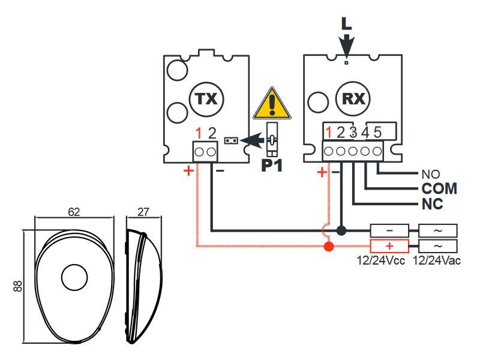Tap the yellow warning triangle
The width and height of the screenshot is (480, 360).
[272, 104]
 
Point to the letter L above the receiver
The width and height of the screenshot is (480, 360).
[346, 23]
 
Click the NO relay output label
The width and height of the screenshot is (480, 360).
[431, 175]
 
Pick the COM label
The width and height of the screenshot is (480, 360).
[439, 188]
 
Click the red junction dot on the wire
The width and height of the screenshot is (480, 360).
[328, 246]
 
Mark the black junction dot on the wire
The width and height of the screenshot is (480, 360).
[341, 230]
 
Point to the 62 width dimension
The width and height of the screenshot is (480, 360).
[74, 212]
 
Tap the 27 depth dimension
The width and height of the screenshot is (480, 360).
[143, 212]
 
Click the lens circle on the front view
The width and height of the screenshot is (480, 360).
[74, 277]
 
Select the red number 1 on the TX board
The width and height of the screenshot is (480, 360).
[198, 133]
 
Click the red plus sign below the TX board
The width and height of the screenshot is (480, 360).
[188, 171]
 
